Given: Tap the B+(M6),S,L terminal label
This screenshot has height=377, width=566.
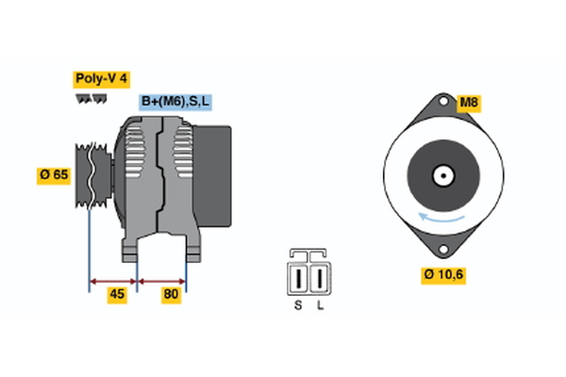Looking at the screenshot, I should (176, 102).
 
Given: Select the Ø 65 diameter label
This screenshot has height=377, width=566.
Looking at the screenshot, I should (55, 174).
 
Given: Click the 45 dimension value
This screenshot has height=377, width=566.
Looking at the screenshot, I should (117, 294).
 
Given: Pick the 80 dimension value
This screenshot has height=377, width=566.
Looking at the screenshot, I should (172, 294).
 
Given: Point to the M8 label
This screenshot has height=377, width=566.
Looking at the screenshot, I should (469, 102).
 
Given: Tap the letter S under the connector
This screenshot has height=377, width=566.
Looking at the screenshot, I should (298, 305).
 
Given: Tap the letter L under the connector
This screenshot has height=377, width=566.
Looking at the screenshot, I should (321, 305).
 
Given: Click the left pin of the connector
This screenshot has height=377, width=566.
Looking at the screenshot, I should (300, 279).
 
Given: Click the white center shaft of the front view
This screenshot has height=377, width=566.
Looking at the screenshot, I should (441, 175).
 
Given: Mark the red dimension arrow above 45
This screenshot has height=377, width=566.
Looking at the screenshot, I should (113, 280).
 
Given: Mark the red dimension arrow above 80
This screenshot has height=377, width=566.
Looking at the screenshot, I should (162, 280).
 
